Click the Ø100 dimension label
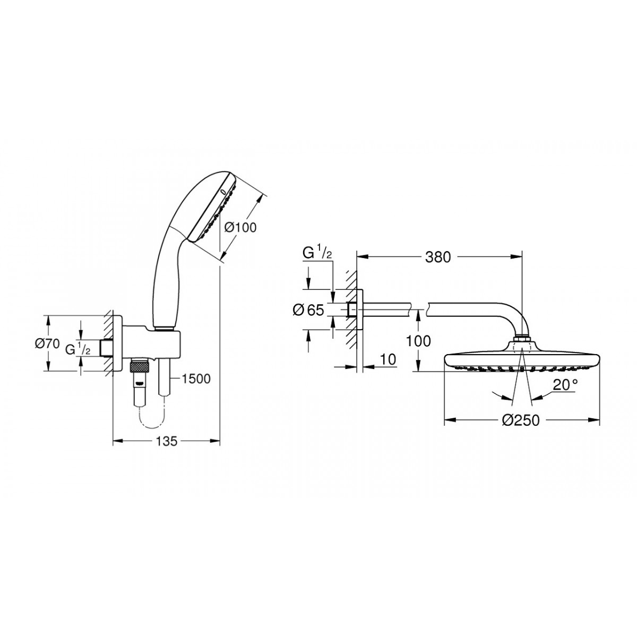click(240, 227)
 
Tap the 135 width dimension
click(167, 441)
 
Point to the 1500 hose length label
click(196, 379)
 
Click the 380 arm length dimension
click(437, 257)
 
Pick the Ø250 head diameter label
click(521, 420)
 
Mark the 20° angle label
click(565, 385)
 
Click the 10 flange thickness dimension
click(389, 359)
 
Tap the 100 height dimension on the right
click(418, 341)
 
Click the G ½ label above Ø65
click(317, 254)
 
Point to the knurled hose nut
click(139, 367)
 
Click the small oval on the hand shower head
click(222, 192)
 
